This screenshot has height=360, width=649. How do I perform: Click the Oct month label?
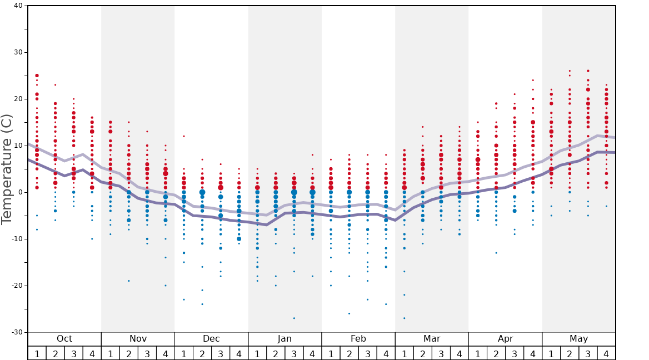pyautogui.click(x=64, y=339)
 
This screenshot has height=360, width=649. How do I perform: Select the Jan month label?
pyautogui.click(x=284, y=339)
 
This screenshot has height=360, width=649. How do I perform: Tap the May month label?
pyautogui.click(x=578, y=339)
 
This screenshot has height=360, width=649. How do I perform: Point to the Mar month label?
pyautogui.click(x=432, y=339)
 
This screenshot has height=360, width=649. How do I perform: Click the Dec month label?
pyautogui.click(x=211, y=339)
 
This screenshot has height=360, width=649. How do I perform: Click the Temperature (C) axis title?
pyautogui.click(x=7, y=169)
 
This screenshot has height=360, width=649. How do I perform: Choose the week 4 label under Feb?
pyautogui.click(x=386, y=353)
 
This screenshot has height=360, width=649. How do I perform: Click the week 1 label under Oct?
pyautogui.click(x=37, y=353)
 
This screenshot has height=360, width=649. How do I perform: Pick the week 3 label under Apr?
pyautogui.click(x=515, y=353)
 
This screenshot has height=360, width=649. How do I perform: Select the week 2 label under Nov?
pyautogui.click(x=129, y=353)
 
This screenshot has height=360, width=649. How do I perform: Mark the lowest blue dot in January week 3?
pyautogui.click(x=294, y=318)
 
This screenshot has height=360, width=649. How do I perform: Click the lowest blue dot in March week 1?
pyautogui.click(x=404, y=318)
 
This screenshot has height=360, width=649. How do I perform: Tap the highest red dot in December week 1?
pyautogui.click(x=184, y=136)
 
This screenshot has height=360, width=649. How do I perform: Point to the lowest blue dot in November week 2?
pyautogui.click(x=129, y=281)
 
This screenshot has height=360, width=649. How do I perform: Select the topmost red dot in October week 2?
pyautogui.click(x=55, y=85)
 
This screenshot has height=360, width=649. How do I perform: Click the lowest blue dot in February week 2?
pyautogui.click(x=349, y=313)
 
